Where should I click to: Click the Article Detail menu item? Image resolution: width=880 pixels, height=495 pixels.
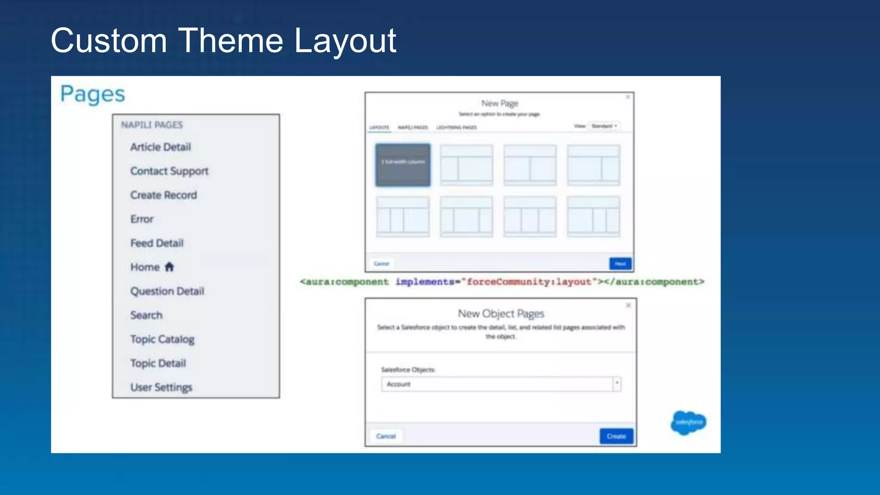click(x=160, y=147)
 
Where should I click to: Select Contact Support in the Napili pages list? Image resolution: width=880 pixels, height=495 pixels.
click(x=169, y=171)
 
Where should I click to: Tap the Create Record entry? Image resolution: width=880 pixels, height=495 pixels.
click(x=163, y=195)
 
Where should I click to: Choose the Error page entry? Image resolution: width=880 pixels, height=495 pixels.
click(x=142, y=219)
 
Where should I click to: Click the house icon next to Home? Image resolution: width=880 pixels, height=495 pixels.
click(x=169, y=267)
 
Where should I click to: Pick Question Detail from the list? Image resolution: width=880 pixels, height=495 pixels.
click(x=167, y=291)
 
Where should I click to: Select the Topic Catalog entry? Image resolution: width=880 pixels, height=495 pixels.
click(x=162, y=339)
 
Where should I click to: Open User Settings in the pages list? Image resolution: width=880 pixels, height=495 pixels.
click(x=161, y=388)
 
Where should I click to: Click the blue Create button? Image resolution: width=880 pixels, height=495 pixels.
click(x=616, y=436)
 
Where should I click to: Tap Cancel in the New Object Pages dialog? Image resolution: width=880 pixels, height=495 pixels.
click(x=386, y=436)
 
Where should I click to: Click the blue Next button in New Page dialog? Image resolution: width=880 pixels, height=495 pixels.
click(x=620, y=263)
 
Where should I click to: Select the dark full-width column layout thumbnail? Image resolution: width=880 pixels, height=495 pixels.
click(x=403, y=165)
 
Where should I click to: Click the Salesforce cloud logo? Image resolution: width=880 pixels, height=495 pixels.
click(x=688, y=422)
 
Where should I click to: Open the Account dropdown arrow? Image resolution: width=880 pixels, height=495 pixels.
click(x=617, y=384)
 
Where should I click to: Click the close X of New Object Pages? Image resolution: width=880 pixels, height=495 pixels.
click(x=628, y=305)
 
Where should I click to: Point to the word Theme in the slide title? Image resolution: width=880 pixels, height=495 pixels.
click(x=230, y=41)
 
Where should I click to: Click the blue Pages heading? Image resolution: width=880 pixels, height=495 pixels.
click(x=92, y=94)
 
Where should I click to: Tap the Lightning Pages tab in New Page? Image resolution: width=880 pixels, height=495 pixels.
click(x=456, y=127)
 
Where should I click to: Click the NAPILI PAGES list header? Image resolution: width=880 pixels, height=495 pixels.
click(x=152, y=125)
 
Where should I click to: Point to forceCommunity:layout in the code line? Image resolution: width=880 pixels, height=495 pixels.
click(x=529, y=282)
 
